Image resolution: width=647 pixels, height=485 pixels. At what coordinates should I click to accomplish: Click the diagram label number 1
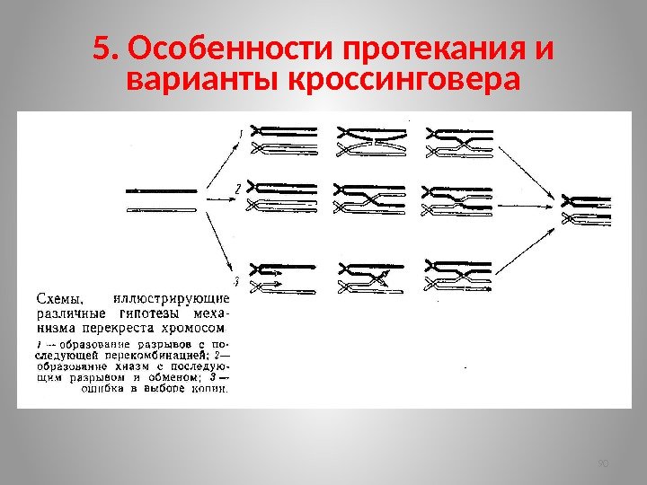(240, 135)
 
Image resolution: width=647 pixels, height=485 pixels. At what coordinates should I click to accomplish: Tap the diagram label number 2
(236, 190)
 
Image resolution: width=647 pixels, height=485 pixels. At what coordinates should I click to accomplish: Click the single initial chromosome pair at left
(163, 199)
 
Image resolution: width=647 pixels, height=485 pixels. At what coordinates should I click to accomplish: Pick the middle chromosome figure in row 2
(369, 198)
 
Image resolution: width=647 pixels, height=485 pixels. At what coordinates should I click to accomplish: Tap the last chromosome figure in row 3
(457, 275)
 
